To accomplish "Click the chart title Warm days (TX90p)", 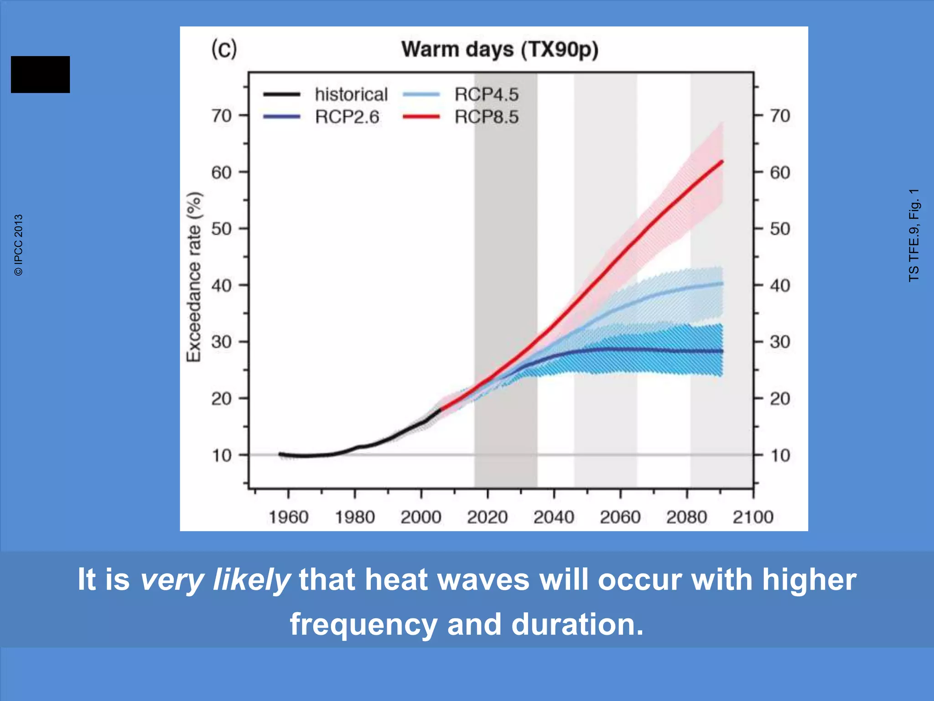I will click(500, 49).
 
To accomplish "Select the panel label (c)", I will click(224, 48).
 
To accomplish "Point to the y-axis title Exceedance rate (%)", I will click(194, 277).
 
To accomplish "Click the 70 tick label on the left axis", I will click(222, 115).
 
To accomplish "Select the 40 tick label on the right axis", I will click(780, 286).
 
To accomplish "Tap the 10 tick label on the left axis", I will click(222, 455).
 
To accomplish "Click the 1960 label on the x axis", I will click(288, 517).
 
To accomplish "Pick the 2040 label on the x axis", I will click(554, 517).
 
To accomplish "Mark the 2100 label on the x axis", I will click(753, 517).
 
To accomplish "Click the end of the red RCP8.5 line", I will click(722, 162).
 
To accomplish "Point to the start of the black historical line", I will click(280, 454).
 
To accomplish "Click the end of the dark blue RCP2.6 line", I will click(722, 351).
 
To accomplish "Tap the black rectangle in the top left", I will click(40, 74).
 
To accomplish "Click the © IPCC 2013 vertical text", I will click(18, 245).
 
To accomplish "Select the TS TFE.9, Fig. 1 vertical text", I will click(913, 235).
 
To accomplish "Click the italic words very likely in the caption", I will click(215, 580).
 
